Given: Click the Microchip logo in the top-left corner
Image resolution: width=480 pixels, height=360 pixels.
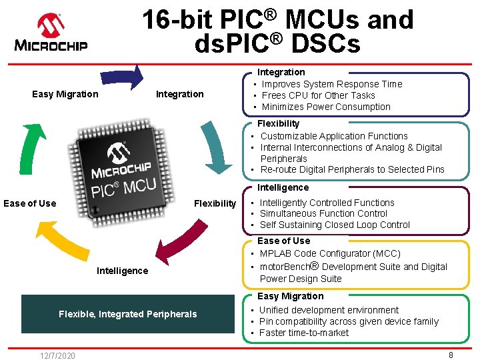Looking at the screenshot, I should tap(50, 33).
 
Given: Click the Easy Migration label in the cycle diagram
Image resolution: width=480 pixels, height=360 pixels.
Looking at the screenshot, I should tap(65, 94).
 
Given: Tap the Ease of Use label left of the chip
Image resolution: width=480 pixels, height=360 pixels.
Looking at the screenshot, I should tap(30, 203).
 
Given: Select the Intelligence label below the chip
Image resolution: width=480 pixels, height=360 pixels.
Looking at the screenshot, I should tap(122, 271).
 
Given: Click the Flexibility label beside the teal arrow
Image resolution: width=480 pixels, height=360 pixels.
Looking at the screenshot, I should tap(215, 203).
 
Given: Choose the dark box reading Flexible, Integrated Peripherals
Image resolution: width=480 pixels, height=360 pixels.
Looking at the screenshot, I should tap(128, 313).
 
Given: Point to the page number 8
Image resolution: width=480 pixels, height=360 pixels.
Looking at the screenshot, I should tap(451, 355).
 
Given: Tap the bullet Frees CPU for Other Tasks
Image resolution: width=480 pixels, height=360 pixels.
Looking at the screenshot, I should tap(318, 95).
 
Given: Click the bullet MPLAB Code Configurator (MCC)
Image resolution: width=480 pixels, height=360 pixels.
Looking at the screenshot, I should tap(330, 253).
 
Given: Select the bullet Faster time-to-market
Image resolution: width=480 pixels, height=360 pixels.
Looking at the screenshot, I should tap(303, 333).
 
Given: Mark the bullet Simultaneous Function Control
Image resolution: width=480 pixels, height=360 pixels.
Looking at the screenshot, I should tap(323, 213).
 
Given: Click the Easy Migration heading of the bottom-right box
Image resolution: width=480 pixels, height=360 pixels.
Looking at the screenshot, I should tap(290, 296).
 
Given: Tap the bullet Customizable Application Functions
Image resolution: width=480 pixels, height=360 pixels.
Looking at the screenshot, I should tap(333, 136).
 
